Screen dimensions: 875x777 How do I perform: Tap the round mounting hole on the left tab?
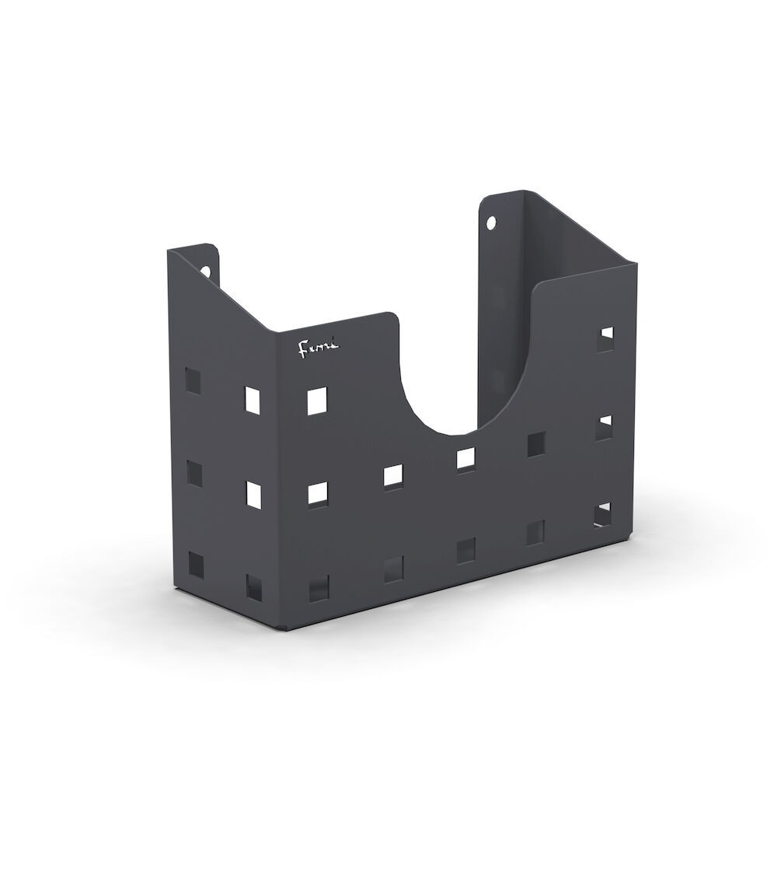pyautogui.click(x=207, y=271)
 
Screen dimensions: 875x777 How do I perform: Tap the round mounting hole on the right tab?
pyautogui.click(x=490, y=223)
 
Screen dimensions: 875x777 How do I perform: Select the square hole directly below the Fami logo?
pyautogui.click(x=317, y=401)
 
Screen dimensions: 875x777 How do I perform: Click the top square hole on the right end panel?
pyautogui.click(x=605, y=339)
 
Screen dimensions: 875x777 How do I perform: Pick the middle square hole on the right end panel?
pyautogui.click(x=604, y=427)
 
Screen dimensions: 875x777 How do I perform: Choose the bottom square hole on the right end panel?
pyautogui.click(x=603, y=514)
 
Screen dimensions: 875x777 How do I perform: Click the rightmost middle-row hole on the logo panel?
pyautogui.click(x=535, y=444)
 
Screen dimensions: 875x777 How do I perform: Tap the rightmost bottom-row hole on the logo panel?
pyautogui.click(x=535, y=533)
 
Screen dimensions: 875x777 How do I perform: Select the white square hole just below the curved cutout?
pyautogui.click(x=465, y=459)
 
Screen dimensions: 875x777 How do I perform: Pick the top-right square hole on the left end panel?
pyautogui.click(x=253, y=399)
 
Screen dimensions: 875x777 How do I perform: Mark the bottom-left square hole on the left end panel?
pyautogui.click(x=193, y=563)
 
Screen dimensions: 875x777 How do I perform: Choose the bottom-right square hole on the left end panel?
pyautogui.click(x=254, y=587)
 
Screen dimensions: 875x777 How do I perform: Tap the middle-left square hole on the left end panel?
pyautogui.click(x=193, y=473)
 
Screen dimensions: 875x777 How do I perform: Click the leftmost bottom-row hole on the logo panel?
pyautogui.click(x=319, y=588)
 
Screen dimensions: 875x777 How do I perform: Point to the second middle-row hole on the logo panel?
pyautogui.click(x=393, y=476)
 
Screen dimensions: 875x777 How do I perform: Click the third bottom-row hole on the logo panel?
pyautogui.click(x=465, y=551)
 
